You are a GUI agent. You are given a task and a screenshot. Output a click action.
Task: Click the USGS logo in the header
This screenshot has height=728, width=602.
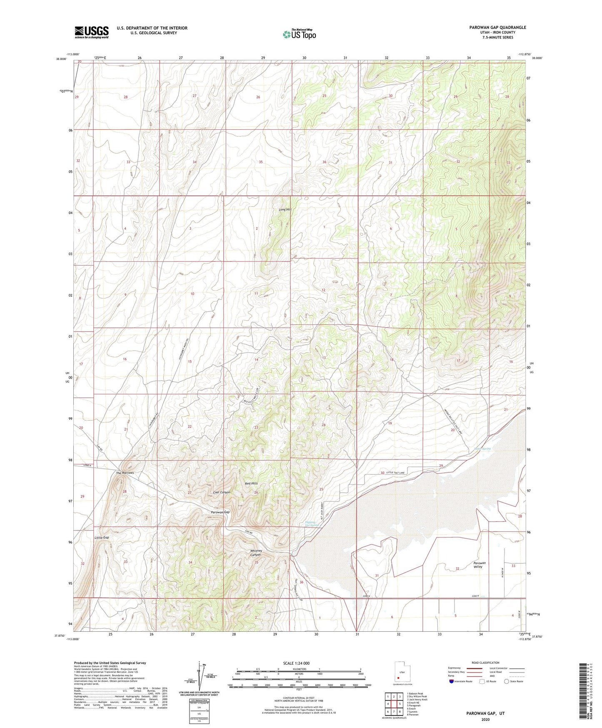point(91,32)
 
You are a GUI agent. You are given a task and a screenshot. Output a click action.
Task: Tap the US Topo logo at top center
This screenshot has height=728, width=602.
point(299,34)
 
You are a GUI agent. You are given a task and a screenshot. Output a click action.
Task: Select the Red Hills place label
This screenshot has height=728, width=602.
point(251,483)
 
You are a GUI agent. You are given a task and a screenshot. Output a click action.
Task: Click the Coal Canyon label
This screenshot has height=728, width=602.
point(222,492)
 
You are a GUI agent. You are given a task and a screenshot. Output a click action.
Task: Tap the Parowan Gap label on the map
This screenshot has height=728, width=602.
point(220,512)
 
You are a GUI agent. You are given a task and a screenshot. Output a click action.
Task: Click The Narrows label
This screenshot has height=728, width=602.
point(125,473)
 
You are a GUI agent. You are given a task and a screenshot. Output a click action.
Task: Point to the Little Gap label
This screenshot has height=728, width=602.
point(102,537)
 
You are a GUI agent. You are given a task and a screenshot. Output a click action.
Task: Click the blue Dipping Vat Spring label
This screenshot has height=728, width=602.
point(312,524)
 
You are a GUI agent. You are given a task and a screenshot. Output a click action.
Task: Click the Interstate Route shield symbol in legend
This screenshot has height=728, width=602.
point(452,681)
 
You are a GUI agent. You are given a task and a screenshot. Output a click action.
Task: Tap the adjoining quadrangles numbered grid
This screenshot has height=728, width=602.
point(394,704)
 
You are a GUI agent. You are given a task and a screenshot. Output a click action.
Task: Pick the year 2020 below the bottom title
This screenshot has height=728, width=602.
point(485,719)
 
